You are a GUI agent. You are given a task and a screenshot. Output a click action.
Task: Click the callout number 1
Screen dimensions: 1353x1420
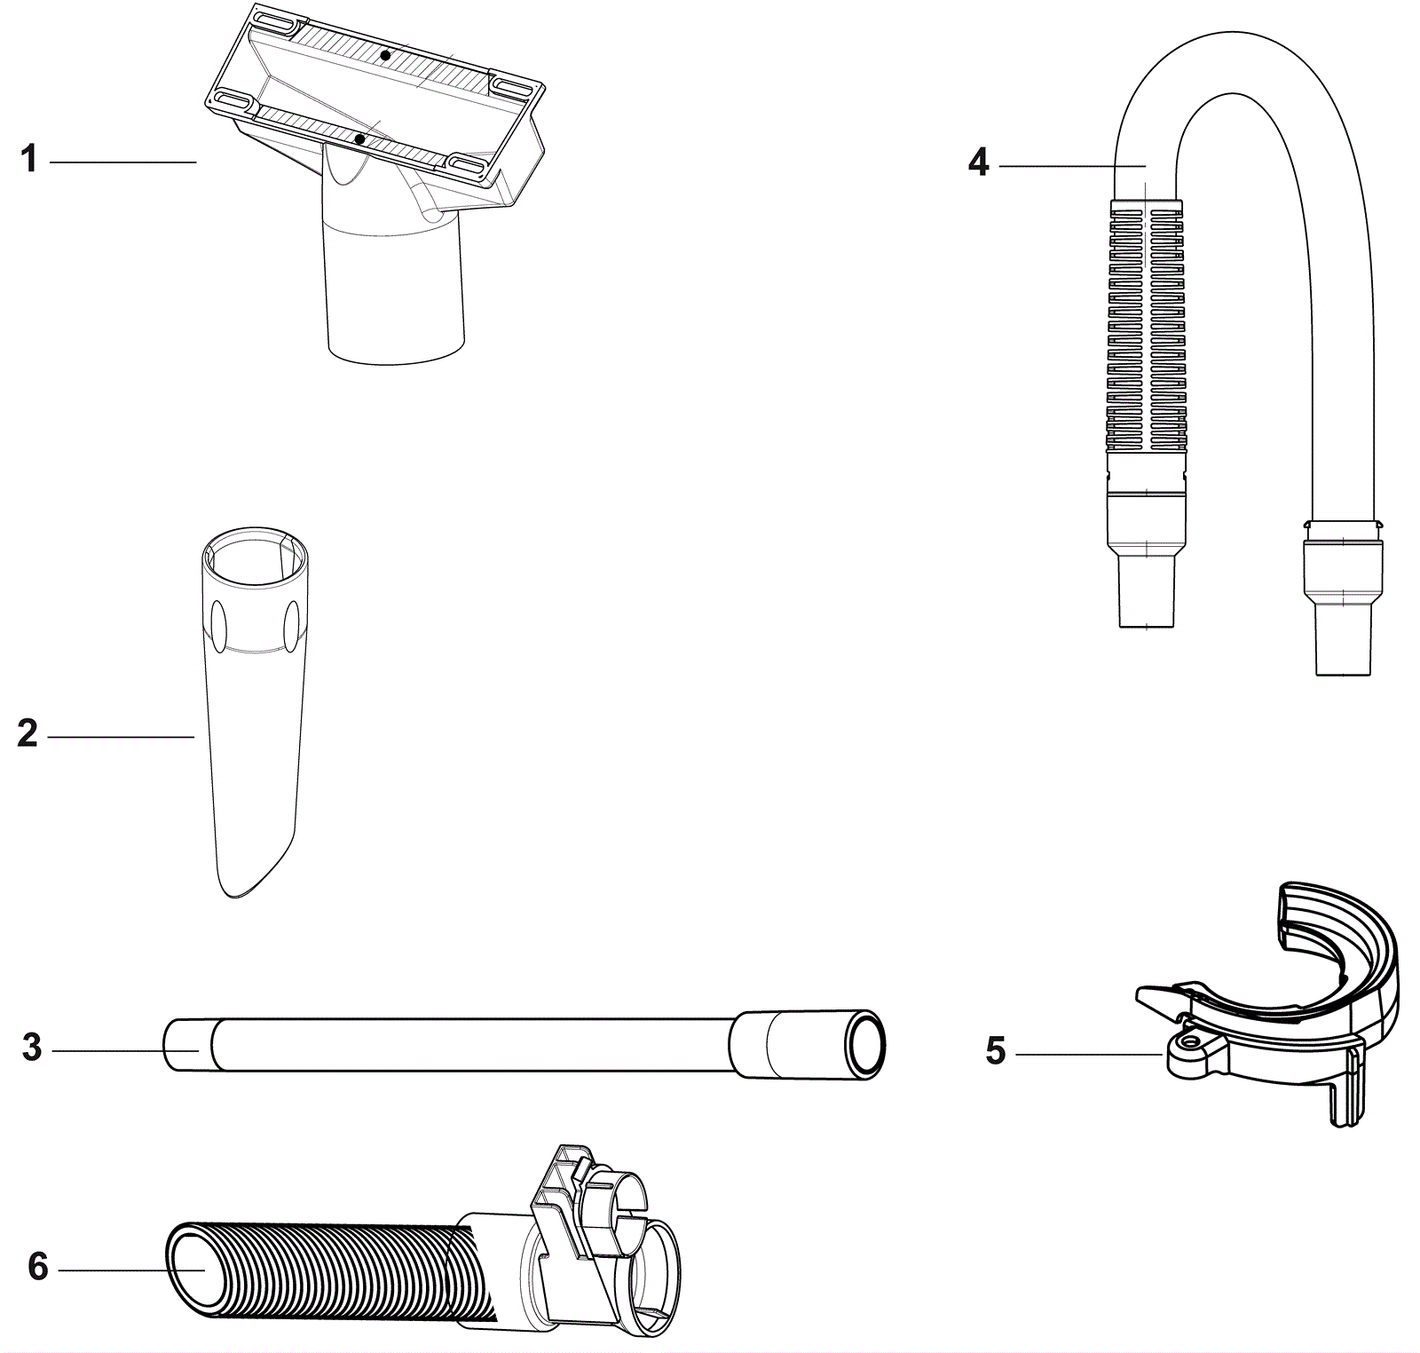(x=29, y=161)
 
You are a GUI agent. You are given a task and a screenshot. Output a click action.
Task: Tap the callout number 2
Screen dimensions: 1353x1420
(x=28, y=735)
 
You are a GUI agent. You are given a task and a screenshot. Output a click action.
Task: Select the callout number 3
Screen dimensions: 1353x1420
(x=32, y=1048)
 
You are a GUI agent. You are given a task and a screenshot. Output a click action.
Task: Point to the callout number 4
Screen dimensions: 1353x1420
(x=978, y=163)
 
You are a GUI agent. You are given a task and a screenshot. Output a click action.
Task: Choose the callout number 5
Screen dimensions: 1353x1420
(x=996, y=1051)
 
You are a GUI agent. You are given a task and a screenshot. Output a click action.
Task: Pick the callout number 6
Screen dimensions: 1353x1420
(x=37, y=1267)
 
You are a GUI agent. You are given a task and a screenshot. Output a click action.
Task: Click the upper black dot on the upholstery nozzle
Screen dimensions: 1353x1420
(x=384, y=56)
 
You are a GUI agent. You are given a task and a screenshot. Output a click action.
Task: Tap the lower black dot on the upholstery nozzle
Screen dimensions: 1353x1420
(x=359, y=139)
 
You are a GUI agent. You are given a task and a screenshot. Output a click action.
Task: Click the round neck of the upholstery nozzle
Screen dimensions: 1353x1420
(x=395, y=293)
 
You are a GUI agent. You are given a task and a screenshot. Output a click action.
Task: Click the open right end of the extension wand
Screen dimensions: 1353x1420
(x=865, y=1044)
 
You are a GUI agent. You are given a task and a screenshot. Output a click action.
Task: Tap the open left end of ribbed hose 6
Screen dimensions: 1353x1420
(x=190, y=1268)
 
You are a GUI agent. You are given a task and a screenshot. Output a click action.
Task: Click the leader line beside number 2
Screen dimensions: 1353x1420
(x=120, y=736)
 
